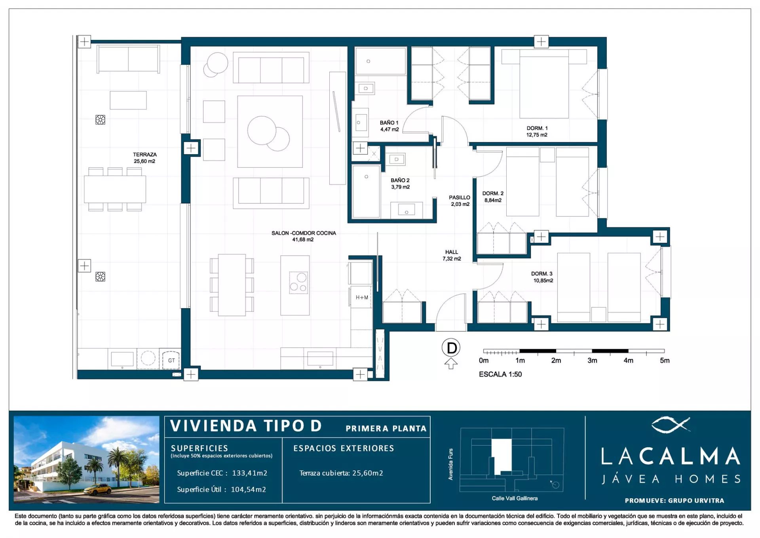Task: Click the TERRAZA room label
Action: (x=144, y=155)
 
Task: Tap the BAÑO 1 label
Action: (x=389, y=123)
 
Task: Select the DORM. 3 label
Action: (x=541, y=274)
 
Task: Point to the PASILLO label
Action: (x=460, y=197)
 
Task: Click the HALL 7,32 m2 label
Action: (x=452, y=255)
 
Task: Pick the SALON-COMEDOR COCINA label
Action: (x=304, y=233)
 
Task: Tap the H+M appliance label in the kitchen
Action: (x=362, y=298)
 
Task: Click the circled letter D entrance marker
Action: (x=451, y=348)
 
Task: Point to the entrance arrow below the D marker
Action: (x=451, y=363)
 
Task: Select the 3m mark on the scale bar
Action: (x=592, y=361)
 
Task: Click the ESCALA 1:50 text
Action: (x=500, y=374)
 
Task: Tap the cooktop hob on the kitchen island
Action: (x=298, y=282)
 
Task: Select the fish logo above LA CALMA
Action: (x=671, y=425)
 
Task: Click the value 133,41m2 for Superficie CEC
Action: (x=250, y=473)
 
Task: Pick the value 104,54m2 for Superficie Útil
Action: (x=249, y=490)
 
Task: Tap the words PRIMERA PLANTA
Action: (x=386, y=429)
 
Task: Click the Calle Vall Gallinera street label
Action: (x=515, y=498)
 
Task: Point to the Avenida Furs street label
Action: (x=450, y=464)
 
